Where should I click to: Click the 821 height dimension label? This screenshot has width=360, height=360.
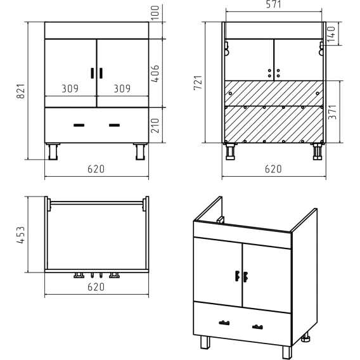pos(21,91)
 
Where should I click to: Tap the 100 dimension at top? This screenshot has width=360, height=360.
pos(155,13)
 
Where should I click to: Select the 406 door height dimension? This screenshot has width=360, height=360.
pos(155,74)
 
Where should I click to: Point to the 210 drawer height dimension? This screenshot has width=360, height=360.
pos(155,125)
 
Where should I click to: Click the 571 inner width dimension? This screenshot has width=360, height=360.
pos(273,4)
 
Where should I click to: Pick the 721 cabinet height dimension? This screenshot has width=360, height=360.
pos(198,82)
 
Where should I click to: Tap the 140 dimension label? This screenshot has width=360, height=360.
pos(331,34)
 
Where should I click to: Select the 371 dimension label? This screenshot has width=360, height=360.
pos(332,112)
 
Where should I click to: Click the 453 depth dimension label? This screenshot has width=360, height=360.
pos(20,235)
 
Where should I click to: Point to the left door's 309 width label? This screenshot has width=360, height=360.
pos(70,88)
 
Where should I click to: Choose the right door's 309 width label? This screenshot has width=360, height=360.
pos(122,88)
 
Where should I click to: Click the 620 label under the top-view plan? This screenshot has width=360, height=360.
pos(96,286)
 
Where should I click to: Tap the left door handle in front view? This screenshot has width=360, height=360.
pos(93,74)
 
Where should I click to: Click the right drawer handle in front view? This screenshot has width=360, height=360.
pos(114,125)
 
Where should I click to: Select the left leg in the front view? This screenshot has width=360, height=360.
pos(53,151)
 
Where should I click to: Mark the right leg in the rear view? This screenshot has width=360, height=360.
pos(318,151)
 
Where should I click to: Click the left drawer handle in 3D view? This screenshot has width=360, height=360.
pos(224,323)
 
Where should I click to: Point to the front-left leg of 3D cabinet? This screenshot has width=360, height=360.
pos(205,342)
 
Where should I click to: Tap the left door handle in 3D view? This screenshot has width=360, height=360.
pos(238,276)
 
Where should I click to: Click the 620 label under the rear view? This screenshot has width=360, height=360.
pos(273,169)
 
